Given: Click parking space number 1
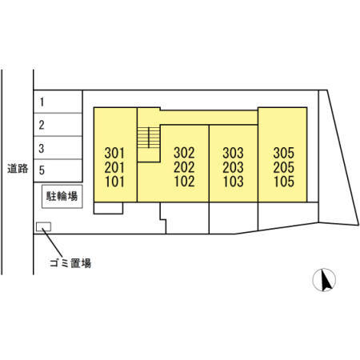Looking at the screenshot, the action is (x=58, y=102).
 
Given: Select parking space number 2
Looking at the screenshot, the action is (x=58, y=125).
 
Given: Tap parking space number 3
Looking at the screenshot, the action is (x=58, y=148).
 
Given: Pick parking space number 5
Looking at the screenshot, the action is (x=58, y=170).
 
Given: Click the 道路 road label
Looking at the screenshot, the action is (x=18, y=169).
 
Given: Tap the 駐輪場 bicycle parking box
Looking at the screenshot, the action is (x=62, y=197).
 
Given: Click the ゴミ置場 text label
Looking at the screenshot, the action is (x=70, y=263).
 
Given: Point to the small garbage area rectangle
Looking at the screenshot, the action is (x=43, y=226).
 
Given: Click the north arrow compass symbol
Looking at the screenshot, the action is (x=324, y=280).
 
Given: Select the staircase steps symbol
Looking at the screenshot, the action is (x=149, y=138).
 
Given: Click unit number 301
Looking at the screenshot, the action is (x=114, y=153).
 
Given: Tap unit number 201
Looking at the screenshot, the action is (x=114, y=167).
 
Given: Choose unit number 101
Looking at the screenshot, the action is (x=114, y=182).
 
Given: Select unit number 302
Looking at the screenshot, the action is (x=184, y=153).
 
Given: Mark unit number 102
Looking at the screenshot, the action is (x=184, y=182).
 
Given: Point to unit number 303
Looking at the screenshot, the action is (x=233, y=153).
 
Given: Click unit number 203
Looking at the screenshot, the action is (x=233, y=167).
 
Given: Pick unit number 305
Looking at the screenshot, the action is (x=284, y=153).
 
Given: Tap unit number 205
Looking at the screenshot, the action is (x=284, y=167).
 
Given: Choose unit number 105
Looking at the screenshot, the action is (x=284, y=182).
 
